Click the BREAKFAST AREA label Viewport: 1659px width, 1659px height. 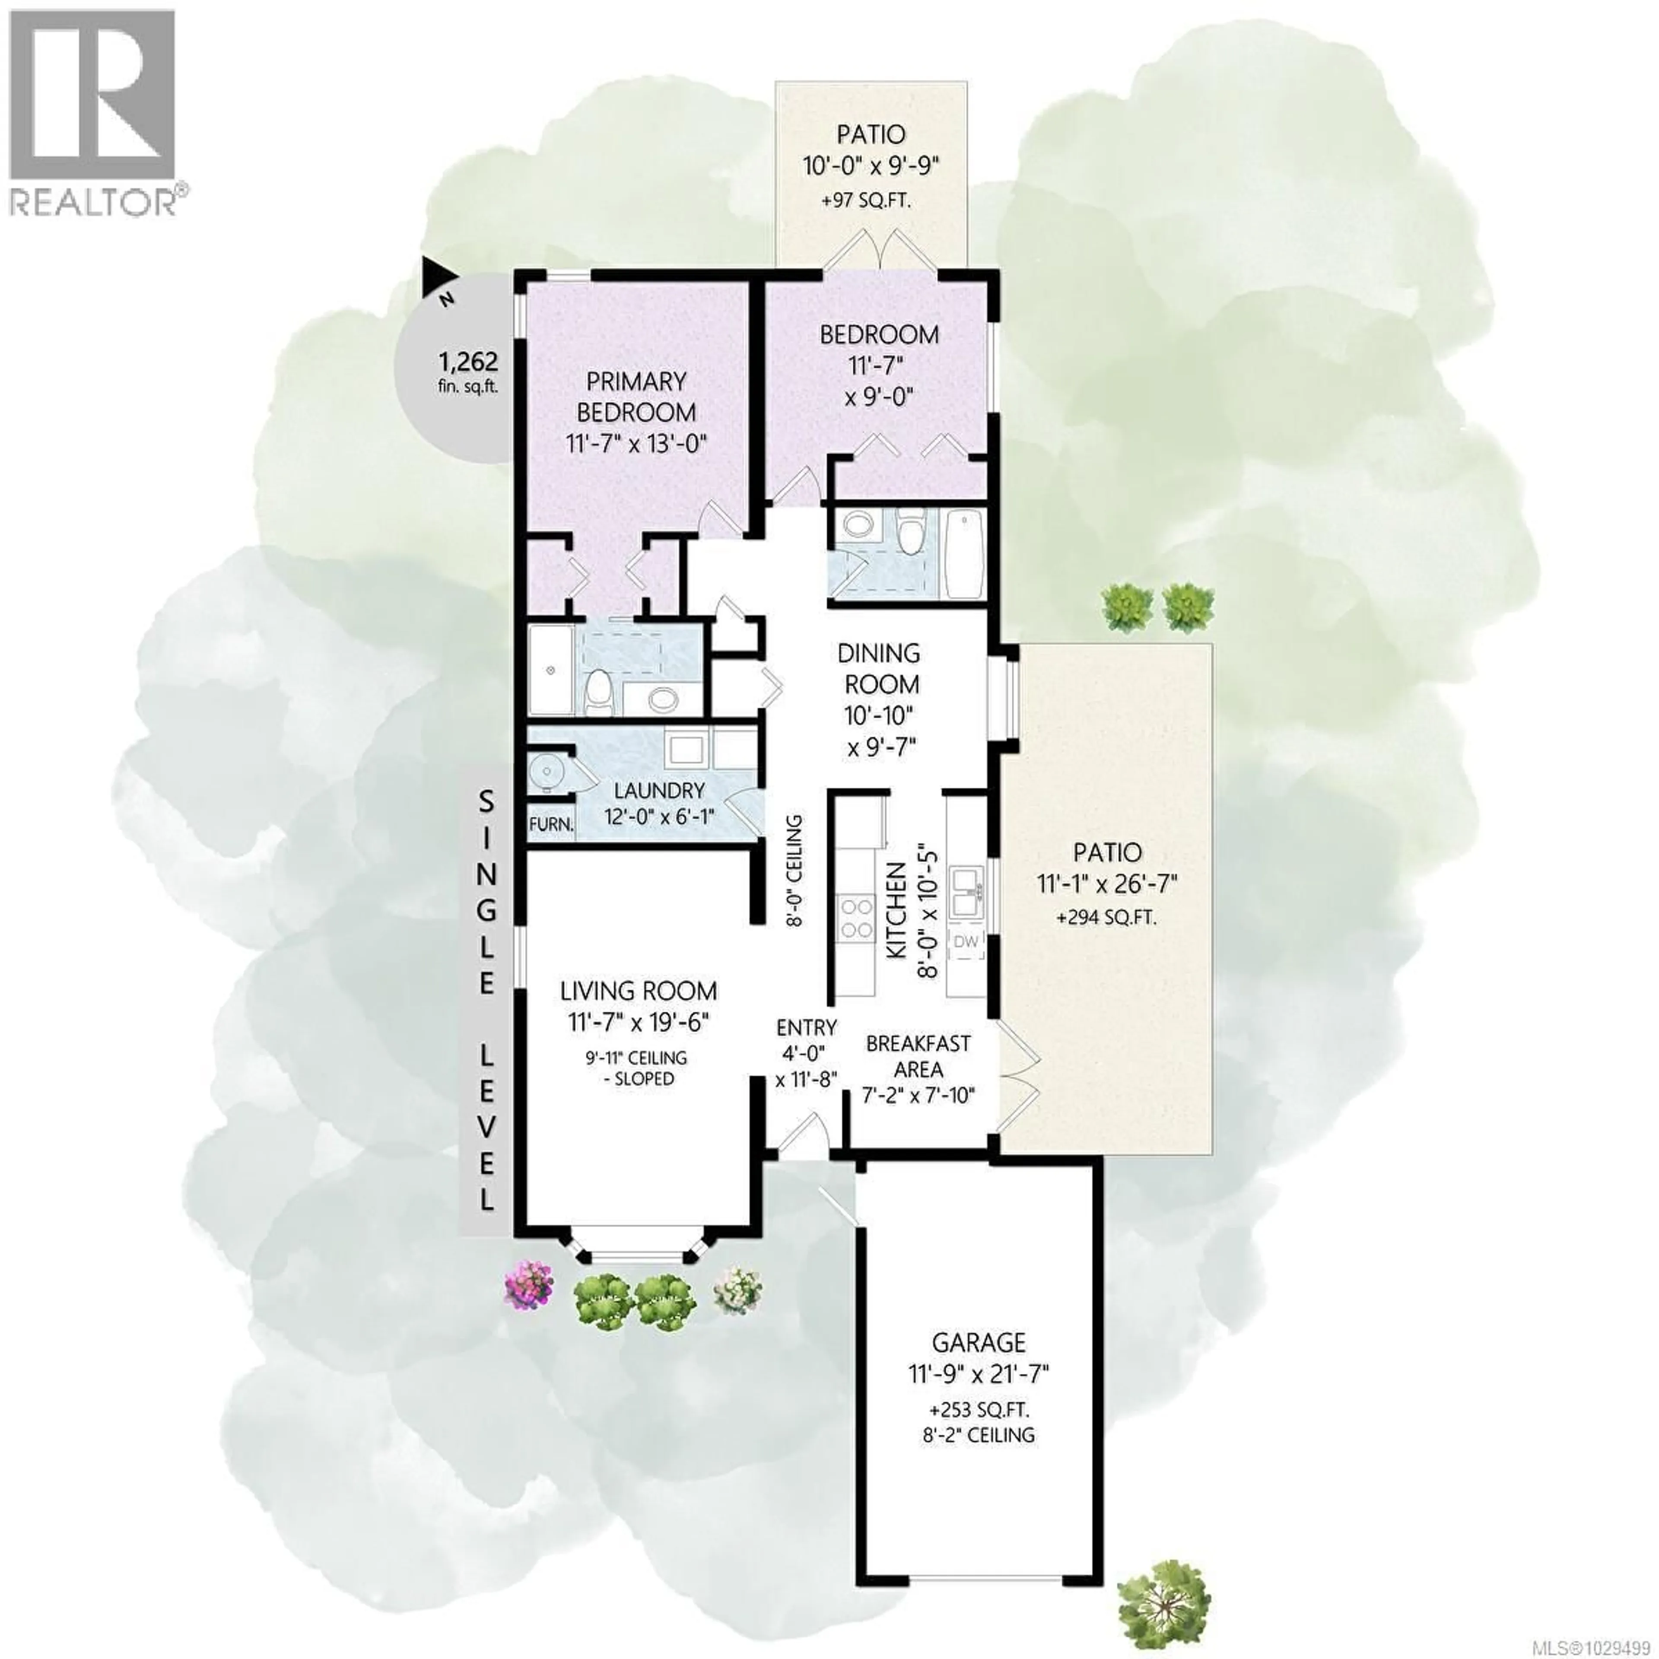point(918,1056)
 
